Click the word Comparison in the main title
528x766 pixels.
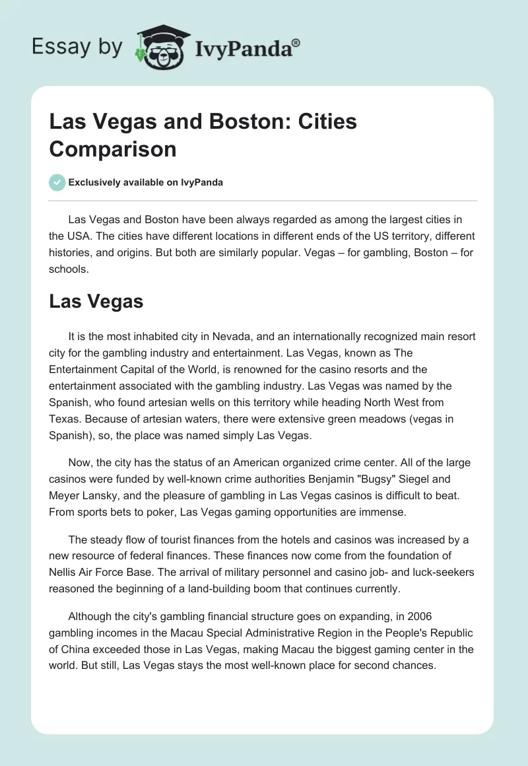click(113, 149)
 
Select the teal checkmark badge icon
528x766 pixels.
click(57, 182)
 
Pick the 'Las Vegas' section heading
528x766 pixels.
click(96, 302)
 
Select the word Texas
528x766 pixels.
click(65, 419)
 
